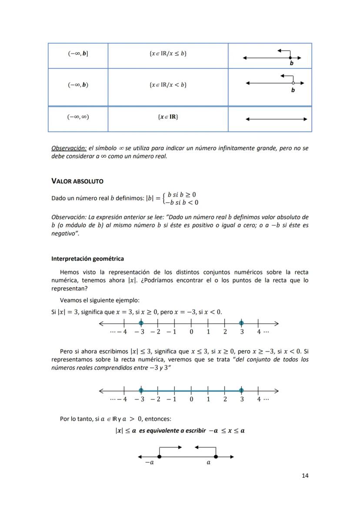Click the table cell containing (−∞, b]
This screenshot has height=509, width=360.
pyautogui.click(x=78, y=54)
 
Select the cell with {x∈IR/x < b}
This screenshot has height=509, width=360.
pyautogui.click(x=168, y=84)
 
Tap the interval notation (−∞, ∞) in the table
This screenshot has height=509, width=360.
pyautogui.click(x=78, y=117)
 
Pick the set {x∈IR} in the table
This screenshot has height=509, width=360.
pyautogui.click(x=168, y=117)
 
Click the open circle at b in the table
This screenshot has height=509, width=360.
pyautogui.click(x=293, y=83)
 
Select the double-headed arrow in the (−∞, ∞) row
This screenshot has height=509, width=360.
pyautogui.click(x=276, y=119)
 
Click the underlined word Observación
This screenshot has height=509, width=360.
pyautogui.click(x=69, y=148)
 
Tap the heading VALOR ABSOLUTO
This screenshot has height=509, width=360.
pyautogui.click(x=77, y=181)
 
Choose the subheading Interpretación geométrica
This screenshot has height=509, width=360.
pyautogui.click(x=87, y=259)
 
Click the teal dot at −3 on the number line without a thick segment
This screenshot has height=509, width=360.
pyautogui.click(x=141, y=323)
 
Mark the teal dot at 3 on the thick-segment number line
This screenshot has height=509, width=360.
pyautogui.click(x=241, y=390)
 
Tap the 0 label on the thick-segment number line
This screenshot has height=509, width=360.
pyautogui.click(x=191, y=399)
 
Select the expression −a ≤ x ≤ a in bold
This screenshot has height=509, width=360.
pyautogui.click(x=226, y=431)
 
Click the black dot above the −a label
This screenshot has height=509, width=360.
pyautogui.click(x=160, y=456)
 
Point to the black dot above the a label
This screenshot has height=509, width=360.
pyautogui.click(x=216, y=456)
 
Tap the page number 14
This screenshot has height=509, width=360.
pyautogui.click(x=305, y=476)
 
